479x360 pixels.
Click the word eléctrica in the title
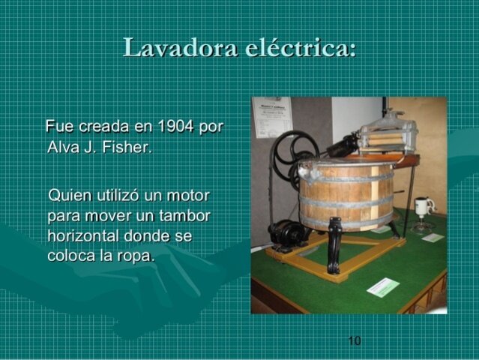[x=300, y=49]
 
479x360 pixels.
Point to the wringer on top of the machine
[x=387, y=135]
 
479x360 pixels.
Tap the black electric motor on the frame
[x=287, y=233]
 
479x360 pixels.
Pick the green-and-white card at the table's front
[x=383, y=286]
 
